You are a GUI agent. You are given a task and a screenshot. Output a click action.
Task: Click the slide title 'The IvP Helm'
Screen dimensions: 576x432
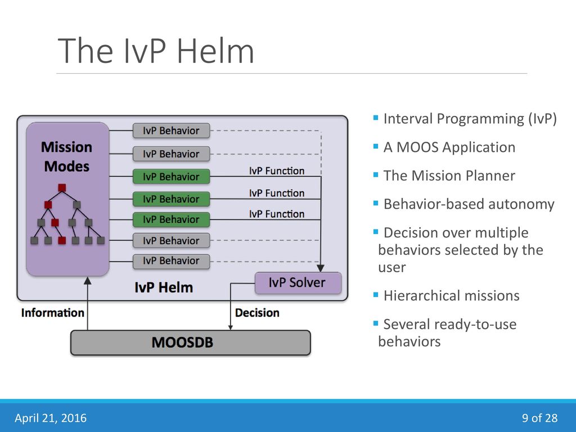point(156,51)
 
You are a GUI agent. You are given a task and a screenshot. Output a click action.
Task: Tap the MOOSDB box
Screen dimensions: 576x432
point(190,343)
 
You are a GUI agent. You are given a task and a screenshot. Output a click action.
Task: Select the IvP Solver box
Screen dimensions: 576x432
point(298,283)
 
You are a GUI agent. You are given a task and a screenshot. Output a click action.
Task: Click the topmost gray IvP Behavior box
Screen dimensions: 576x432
point(171,130)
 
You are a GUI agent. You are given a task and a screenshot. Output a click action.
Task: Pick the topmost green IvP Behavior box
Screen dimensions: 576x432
point(171,177)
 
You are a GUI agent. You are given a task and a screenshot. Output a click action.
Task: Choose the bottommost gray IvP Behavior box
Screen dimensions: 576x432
point(171,261)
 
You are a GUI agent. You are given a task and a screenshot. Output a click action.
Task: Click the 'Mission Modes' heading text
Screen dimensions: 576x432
point(67,156)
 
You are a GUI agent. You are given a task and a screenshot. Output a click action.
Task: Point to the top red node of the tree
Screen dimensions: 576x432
point(62,188)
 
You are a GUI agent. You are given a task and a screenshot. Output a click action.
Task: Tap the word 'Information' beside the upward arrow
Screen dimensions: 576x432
point(52,313)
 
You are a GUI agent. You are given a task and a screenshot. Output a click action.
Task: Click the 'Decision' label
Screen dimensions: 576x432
point(257,313)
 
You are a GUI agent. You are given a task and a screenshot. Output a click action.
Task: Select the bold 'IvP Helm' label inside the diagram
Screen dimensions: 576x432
point(164,287)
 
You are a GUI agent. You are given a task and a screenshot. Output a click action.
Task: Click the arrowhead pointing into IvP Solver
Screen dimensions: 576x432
point(321,268)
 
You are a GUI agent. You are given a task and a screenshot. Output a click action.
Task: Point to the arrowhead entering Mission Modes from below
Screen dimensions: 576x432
point(87,281)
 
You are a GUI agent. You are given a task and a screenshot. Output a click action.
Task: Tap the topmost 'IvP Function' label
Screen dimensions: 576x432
point(277,171)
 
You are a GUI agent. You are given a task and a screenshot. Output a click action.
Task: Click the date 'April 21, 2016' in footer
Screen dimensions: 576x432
point(51,418)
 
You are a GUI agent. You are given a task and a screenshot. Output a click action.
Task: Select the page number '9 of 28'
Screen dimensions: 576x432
point(539,418)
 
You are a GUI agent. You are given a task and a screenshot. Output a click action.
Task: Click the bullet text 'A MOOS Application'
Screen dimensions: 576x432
point(449,147)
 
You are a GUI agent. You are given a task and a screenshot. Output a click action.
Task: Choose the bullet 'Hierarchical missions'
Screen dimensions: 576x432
point(452,296)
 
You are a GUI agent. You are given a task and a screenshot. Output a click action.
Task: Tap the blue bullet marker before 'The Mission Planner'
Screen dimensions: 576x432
point(375,174)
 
